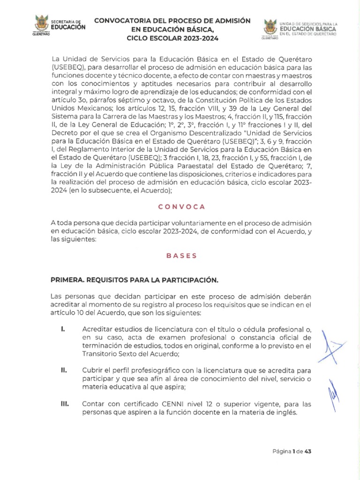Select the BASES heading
181,256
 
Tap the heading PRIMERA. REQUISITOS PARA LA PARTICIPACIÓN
135,280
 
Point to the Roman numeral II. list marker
64,369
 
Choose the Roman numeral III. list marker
65,404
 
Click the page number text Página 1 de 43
292,452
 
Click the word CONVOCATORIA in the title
125,21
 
